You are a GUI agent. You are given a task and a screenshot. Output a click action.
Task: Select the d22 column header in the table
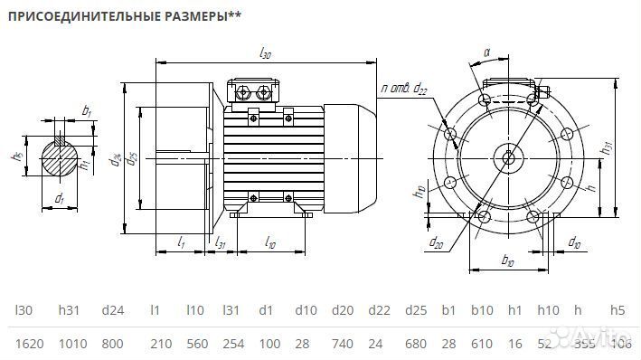pos(380,310)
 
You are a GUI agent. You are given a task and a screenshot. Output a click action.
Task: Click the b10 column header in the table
pos(480,310)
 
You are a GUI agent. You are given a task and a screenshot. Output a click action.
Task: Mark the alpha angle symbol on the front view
pos(485,53)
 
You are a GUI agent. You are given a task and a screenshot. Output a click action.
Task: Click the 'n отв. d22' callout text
pos(404,88)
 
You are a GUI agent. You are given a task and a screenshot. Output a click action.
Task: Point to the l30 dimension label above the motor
pos(265,54)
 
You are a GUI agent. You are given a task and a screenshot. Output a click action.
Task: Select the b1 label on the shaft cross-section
pos(87,110)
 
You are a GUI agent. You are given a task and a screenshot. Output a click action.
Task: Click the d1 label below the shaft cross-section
pos(59,197)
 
